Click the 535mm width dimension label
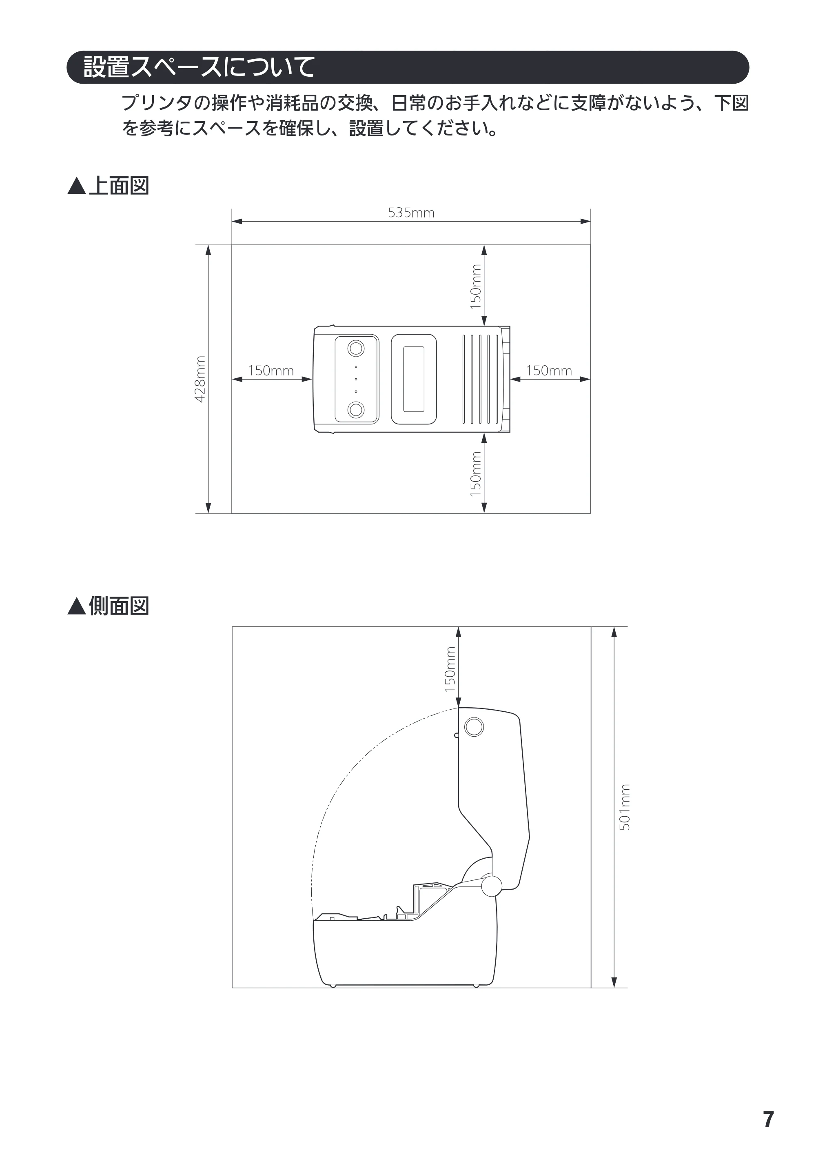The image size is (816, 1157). (411, 213)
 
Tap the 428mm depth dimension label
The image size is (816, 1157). (200, 379)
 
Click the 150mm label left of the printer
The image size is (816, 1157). (271, 371)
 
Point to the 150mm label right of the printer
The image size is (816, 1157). (549, 371)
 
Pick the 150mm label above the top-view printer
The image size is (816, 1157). (475, 287)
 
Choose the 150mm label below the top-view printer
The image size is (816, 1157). (475, 474)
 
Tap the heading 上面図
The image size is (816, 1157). (119, 185)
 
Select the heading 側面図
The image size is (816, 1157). (119, 606)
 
